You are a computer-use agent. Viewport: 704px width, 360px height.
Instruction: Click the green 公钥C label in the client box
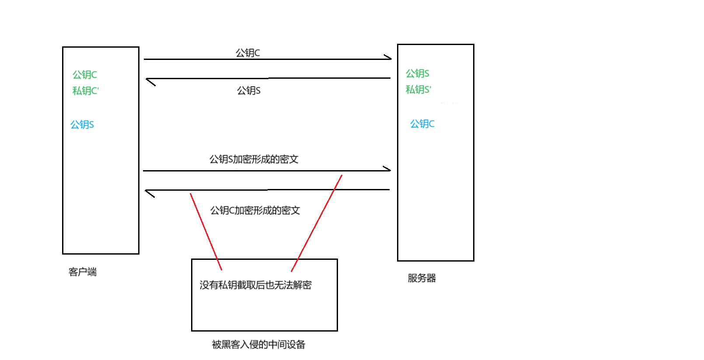click(x=84, y=75)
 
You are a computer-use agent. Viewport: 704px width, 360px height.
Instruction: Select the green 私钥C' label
click(x=85, y=91)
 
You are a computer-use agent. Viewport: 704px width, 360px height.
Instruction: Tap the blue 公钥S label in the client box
click(x=82, y=125)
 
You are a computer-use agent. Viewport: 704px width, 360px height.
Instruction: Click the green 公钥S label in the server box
click(x=417, y=73)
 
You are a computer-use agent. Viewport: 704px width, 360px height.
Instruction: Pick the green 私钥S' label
click(x=418, y=90)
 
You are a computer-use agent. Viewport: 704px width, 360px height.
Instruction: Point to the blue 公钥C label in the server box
click(x=422, y=124)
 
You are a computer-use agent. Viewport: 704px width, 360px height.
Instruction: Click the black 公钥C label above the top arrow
click(x=247, y=53)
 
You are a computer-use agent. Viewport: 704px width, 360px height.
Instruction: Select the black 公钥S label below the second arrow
click(x=248, y=91)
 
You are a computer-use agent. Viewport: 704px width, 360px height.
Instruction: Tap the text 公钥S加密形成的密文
click(x=254, y=159)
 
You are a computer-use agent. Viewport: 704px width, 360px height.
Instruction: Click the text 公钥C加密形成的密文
click(x=255, y=210)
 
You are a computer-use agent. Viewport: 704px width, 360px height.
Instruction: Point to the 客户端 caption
click(x=82, y=272)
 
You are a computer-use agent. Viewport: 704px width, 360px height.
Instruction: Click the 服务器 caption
click(x=422, y=278)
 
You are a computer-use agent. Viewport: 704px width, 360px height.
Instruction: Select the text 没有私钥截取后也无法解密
click(x=255, y=285)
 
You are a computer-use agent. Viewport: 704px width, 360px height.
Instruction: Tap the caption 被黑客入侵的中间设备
click(x=258, y=345)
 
